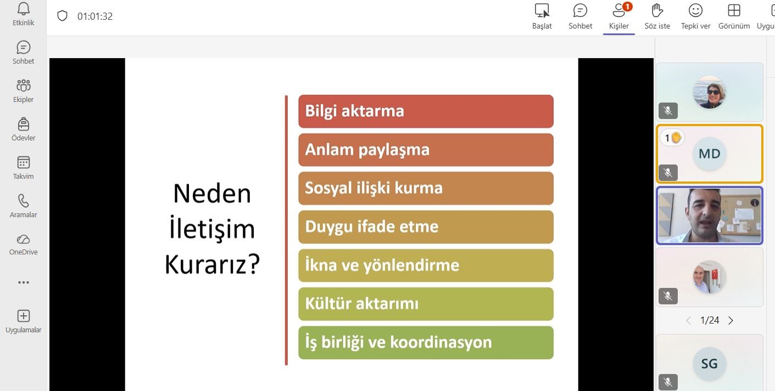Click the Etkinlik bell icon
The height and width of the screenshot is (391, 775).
pos(24,9)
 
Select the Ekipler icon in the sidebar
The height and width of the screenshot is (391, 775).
pos(24,86)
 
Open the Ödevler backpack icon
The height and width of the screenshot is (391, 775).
pos(24,124)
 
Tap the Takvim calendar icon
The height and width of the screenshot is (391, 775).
pos(24,162)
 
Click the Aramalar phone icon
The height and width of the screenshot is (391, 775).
pos(24,201)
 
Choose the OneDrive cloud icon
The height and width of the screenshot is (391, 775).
pos(24,239)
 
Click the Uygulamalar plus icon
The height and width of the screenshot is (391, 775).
pos(24,316)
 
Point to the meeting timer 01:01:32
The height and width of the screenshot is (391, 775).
pos(95,16)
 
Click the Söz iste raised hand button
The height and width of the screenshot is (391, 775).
pos(657,10)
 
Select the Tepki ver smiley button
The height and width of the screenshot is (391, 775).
pos(695,10)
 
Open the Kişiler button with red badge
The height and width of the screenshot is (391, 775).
pos(619,10)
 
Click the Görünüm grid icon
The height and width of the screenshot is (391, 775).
pos(734,10)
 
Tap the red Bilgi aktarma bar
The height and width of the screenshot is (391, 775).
pos(426,111)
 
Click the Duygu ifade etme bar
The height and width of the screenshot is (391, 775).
pos(426,227)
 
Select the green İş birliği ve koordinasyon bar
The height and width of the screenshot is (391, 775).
pos(426,343)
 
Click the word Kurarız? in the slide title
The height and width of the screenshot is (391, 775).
pos(212,264)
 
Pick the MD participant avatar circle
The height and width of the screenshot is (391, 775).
pos(709,154)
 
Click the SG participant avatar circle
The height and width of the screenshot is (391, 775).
pos(709,364)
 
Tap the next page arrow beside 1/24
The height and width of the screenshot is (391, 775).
pos(731,321)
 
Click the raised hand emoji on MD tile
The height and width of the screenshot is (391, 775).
pos(676,138)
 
